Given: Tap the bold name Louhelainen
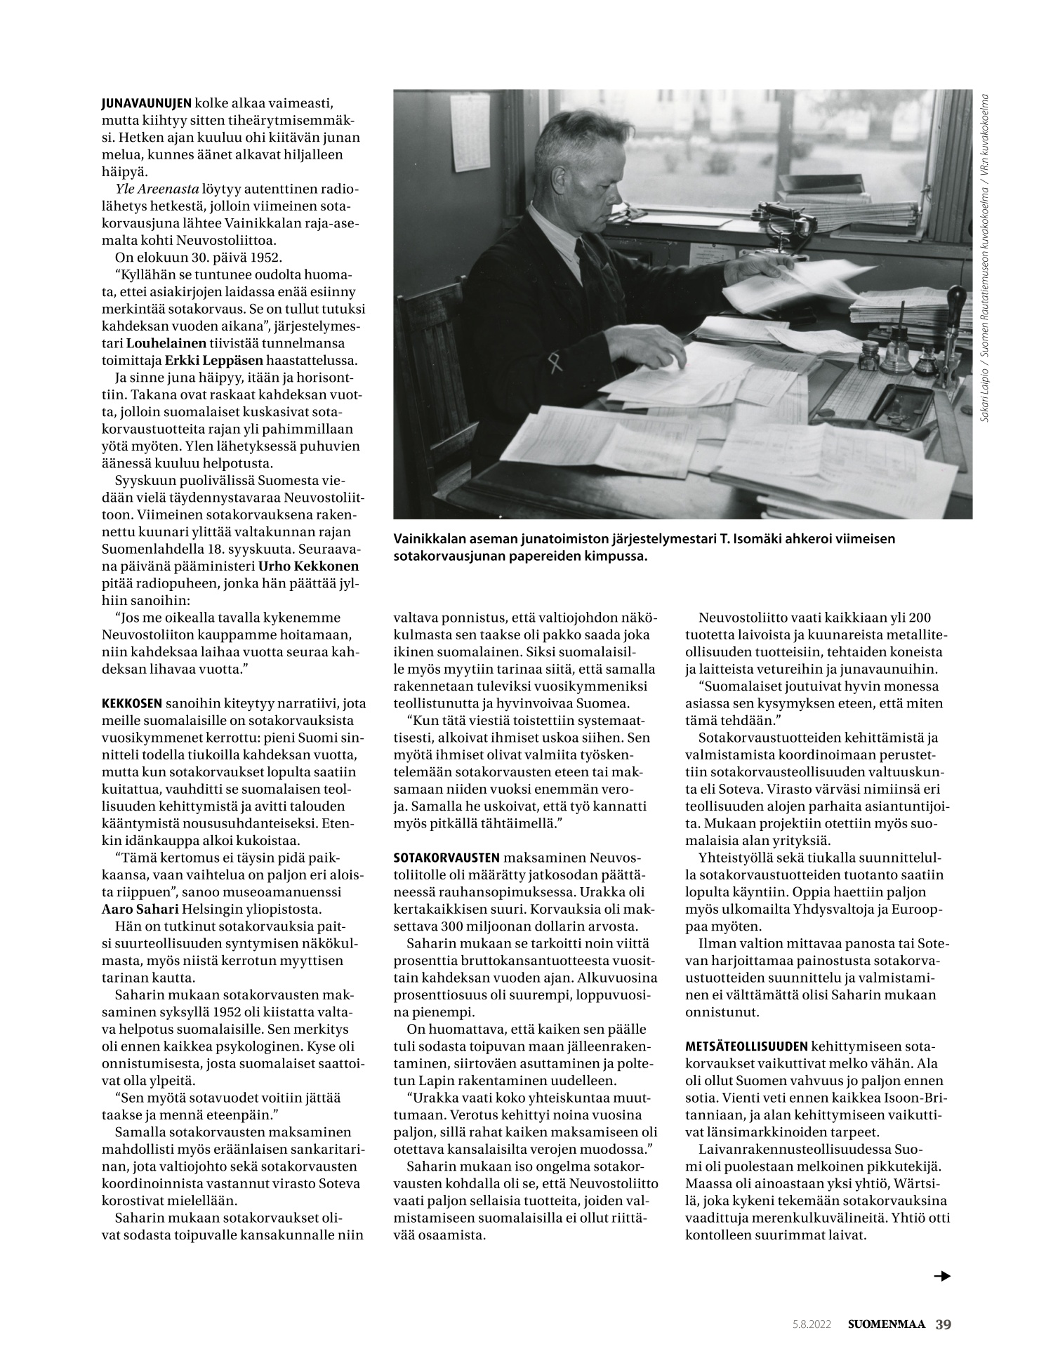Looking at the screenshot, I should point(166,343).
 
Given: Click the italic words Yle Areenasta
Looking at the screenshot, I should point(157,189).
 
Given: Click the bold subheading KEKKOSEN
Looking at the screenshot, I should point(132,703).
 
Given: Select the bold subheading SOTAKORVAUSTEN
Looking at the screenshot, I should point(446,858).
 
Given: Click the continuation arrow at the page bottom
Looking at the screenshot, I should point(941,1276).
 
